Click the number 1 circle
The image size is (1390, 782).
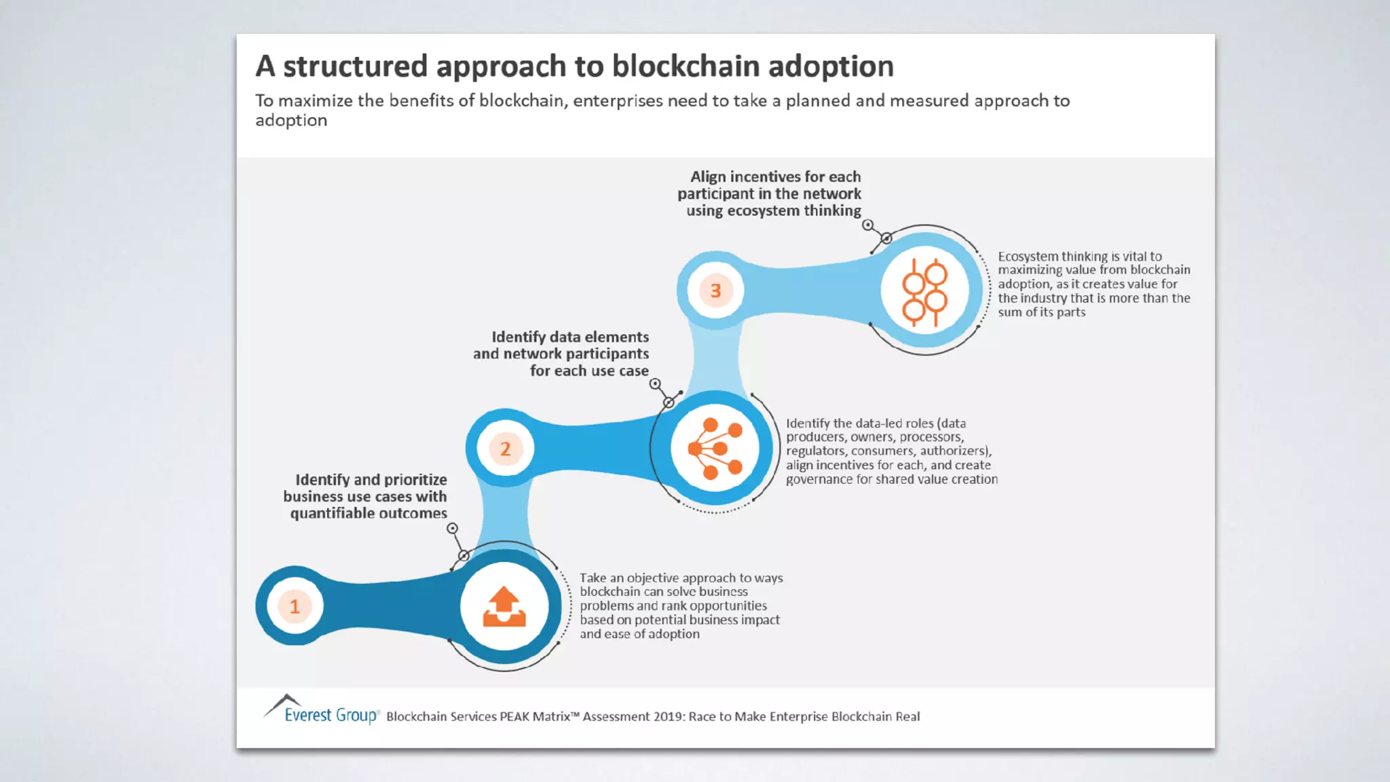tap(295, 606)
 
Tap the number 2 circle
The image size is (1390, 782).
tap(505, 449)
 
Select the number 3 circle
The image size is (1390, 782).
tap(715, 291)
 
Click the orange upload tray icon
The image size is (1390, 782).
tap(504, 606)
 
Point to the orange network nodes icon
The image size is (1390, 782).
tap(715, 449)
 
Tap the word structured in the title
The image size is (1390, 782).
tap(355, 66)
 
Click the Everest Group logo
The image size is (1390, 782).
tap(322, 711)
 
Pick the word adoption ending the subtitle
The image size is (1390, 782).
tap(291, 121)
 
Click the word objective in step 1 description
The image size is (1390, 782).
tap(652, 578)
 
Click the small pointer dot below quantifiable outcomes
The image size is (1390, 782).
tap(453, 528)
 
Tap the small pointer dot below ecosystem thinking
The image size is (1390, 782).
tap(867, 225)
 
